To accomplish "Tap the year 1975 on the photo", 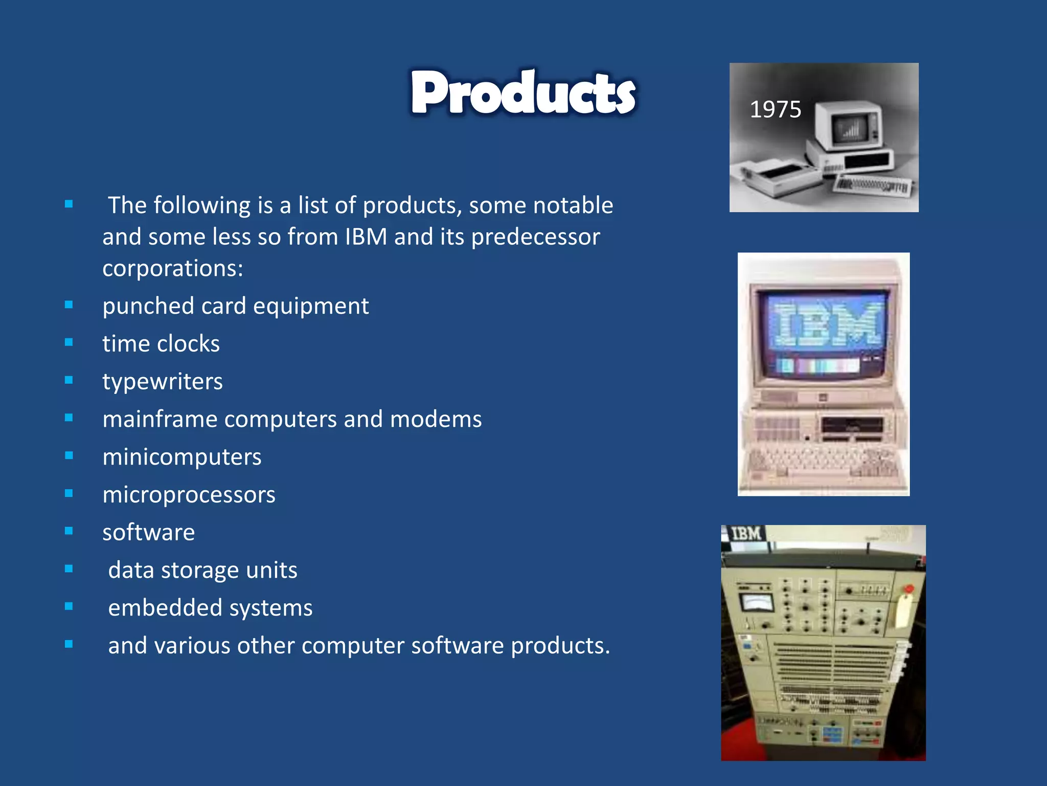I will [x=775, y=110].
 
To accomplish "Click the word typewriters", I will [x=163, y=382].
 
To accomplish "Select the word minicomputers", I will [x=182, y=457].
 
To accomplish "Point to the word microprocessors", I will [x=189, y=495].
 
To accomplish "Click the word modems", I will [x=436, y=419].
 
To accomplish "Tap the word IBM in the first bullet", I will [x=366, y=237].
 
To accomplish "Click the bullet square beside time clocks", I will [x=69, y=343].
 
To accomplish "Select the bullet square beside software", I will [x=69, y=531].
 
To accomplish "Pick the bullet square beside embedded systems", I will [x=69, y=607].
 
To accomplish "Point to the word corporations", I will [x=173, y=268].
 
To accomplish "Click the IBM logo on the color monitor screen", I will [x=825, y=324].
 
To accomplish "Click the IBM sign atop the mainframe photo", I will [x=745, y=534].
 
